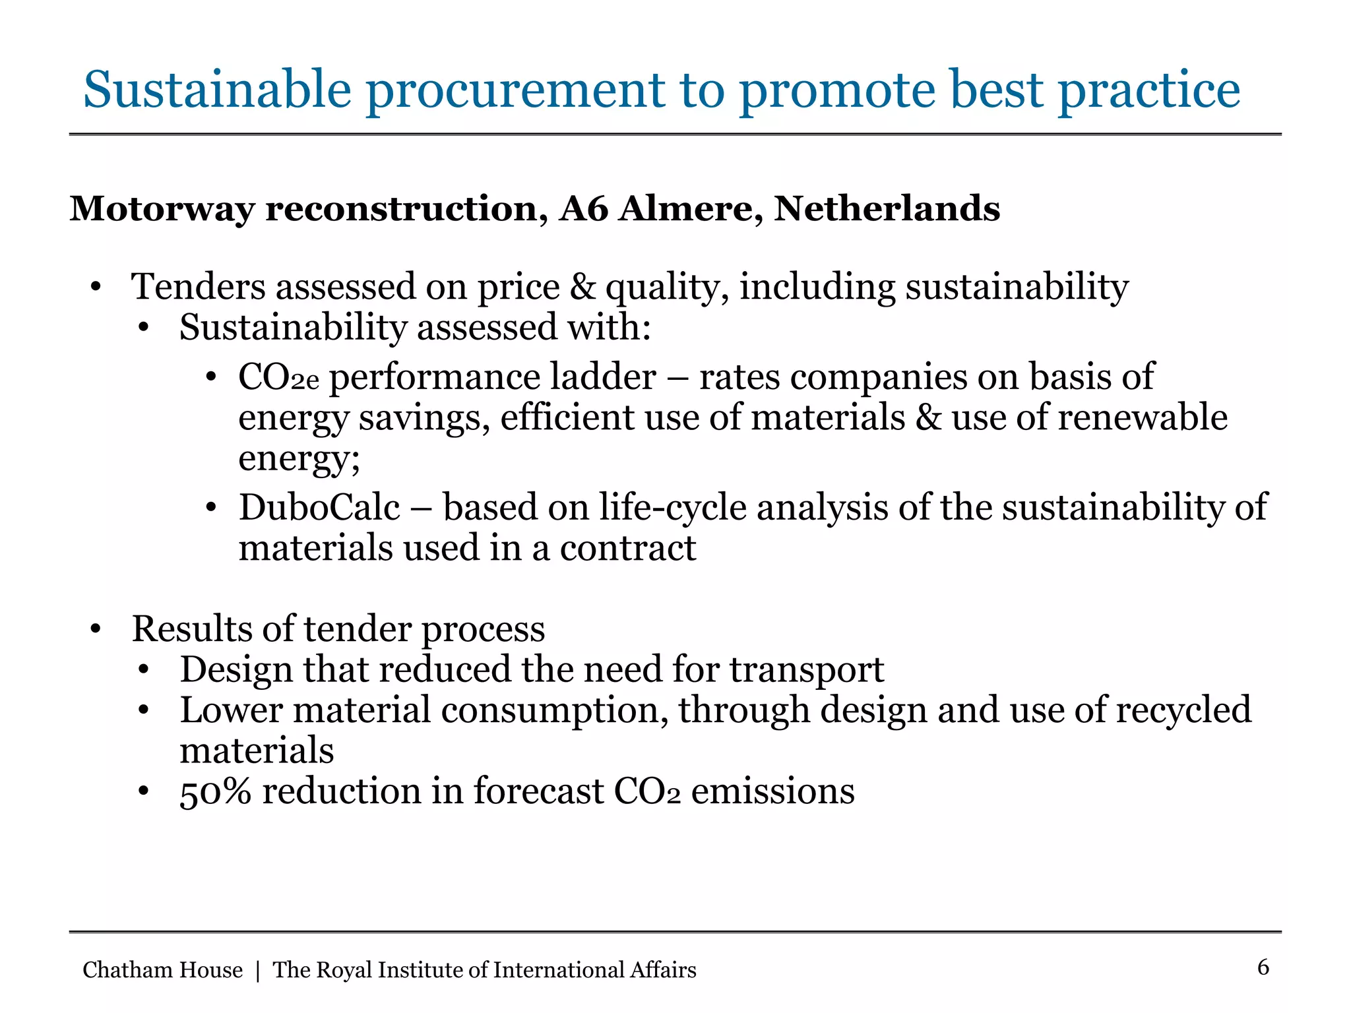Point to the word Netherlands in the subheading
point(887,209)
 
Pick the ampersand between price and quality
point(582,287)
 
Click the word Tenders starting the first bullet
point(198,287)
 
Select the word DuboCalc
point(319,508)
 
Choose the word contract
point(628,549)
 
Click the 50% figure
point(215,791)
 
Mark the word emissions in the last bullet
point(772,791)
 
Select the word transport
point(806,670)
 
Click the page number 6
point(1263,967)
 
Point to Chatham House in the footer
point(162,970)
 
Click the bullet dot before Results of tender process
point(96,629)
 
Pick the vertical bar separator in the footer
point(257,971)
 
